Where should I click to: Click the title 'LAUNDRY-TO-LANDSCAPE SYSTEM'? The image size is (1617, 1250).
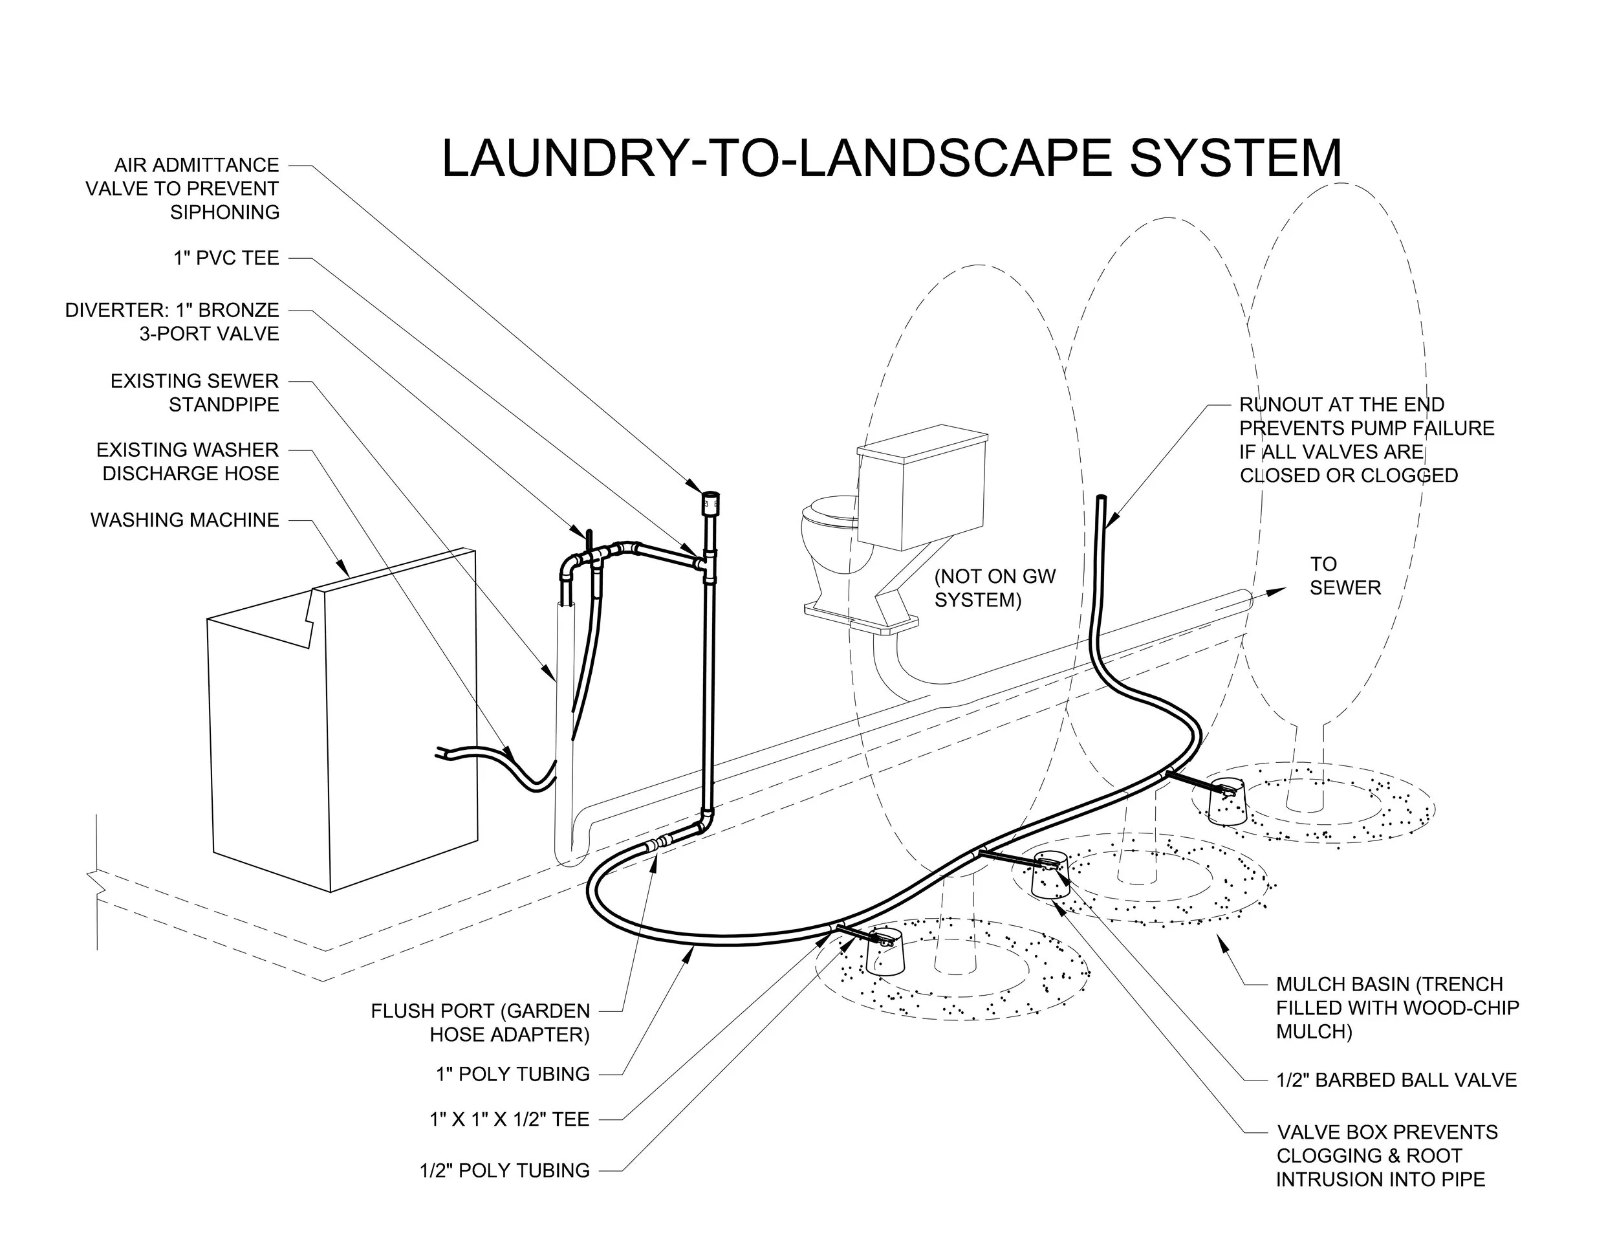891,158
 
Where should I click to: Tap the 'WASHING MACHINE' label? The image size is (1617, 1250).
184,520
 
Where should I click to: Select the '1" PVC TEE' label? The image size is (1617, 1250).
226,258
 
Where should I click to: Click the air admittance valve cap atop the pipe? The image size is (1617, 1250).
711,502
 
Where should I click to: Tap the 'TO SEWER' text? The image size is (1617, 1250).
1344,575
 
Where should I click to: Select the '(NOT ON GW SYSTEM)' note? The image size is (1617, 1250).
994,588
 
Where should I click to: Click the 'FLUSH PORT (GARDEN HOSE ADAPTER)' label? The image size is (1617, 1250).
480,1022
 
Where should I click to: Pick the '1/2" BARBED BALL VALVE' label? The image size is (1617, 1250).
1396,1080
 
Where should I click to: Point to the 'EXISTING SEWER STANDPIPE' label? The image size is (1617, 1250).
194,393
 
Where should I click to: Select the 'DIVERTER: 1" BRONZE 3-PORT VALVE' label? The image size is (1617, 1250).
172,322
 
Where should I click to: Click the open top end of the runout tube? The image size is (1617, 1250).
1101,499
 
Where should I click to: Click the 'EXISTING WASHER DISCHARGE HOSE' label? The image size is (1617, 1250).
188,461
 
